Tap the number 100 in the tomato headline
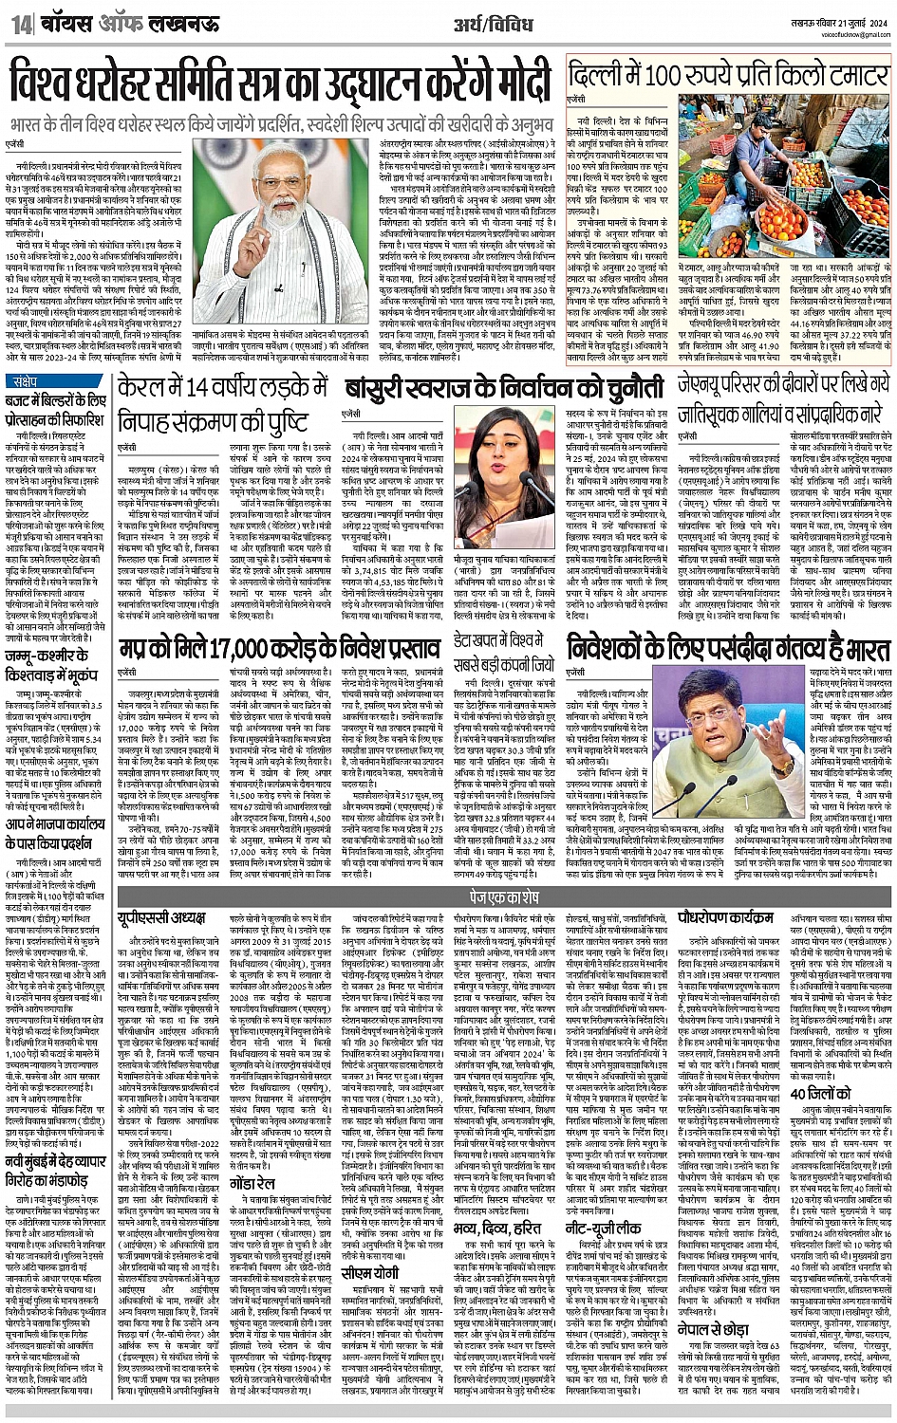[661, 75]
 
